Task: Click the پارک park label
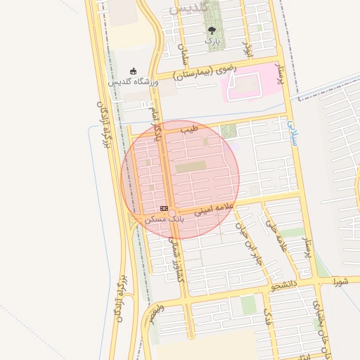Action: pos(212,41)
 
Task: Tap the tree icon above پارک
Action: pos(212,30)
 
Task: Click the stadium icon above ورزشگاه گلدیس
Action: pos(133,71)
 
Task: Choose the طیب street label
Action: pos(189,130)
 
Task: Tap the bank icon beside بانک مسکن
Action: pos(164,209)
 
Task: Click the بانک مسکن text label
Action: pos(161,219)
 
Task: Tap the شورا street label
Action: pos(341,283)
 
